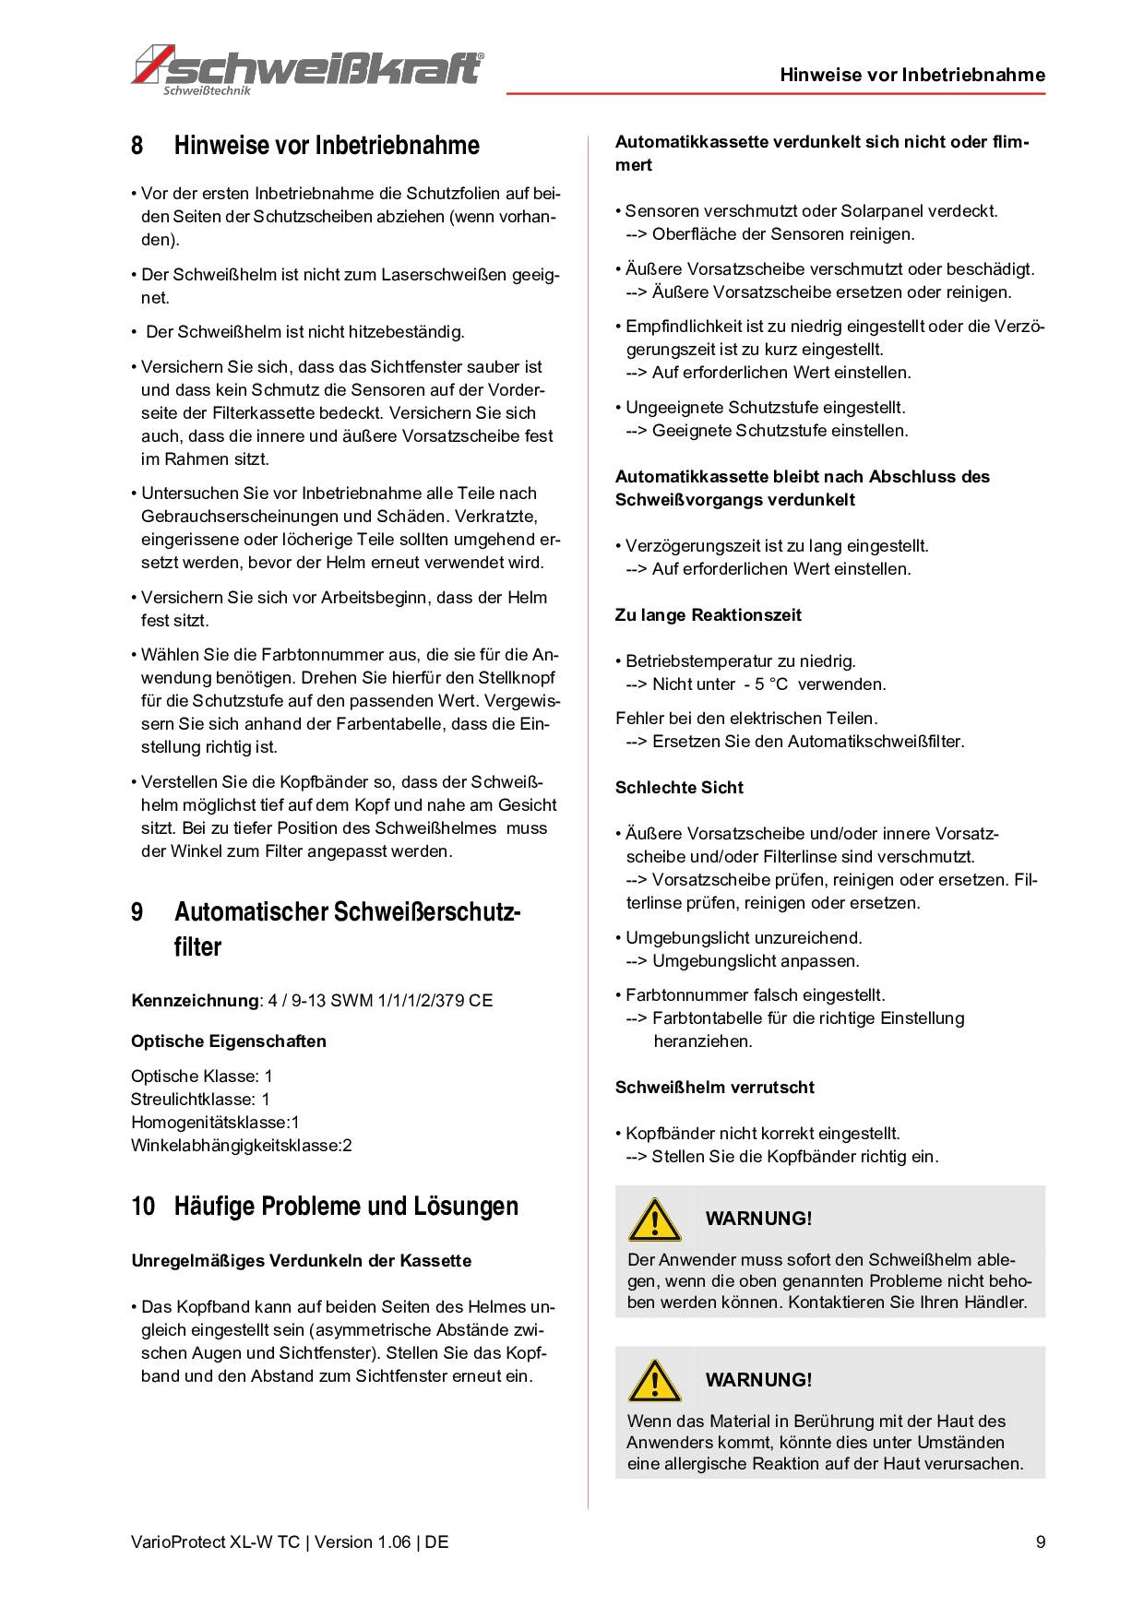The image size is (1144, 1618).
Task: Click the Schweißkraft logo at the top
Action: point(308,69)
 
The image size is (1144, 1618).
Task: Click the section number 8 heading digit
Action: point(137,146)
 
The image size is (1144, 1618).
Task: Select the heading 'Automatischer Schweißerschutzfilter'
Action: point(347,929)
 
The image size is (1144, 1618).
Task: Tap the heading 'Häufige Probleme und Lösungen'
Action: point(346,1206)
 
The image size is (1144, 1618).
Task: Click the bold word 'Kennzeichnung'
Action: point(195,1000)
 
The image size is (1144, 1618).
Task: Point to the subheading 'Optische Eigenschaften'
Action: point(229,1041)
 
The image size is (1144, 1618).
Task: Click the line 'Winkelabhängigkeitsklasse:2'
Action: point(242,1146)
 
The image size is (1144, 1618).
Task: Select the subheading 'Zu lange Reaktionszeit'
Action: point(709,615)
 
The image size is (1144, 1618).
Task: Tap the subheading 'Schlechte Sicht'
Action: point(679,788)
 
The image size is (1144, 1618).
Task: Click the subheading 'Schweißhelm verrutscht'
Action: point(715,1088)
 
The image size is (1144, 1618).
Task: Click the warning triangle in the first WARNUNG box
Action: point(654,1219)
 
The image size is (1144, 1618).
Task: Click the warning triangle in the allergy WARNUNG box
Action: point(654,1381)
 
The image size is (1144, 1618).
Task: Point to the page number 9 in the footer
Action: point(1041,1541)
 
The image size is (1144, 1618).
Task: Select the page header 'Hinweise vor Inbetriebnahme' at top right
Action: point(912,75)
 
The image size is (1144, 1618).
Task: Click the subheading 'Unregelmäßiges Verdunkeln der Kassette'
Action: point(302,1261)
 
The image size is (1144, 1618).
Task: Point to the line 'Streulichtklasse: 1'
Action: point(200,1100)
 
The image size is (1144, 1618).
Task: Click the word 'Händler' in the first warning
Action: point(995,1303)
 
